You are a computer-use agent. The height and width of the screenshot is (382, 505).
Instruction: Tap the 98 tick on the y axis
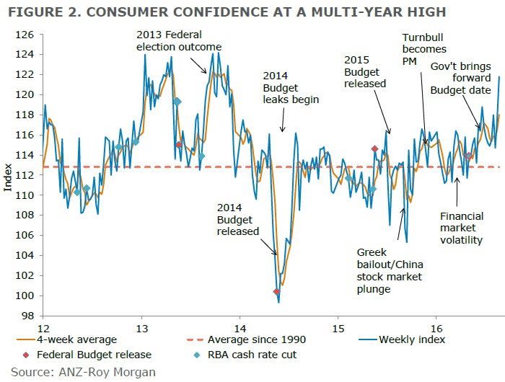point(28,316)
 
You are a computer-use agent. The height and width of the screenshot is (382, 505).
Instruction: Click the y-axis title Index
point(8,176)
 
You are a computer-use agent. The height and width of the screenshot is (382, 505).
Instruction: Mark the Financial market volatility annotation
point(462,228)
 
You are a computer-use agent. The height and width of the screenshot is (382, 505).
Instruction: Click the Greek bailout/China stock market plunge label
point(390,270)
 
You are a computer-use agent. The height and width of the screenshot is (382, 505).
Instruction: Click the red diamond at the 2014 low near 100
point(276,291)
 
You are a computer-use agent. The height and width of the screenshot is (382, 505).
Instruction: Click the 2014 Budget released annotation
point(237,220)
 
